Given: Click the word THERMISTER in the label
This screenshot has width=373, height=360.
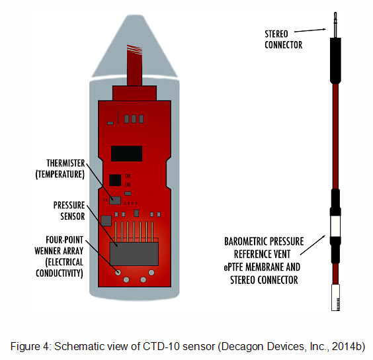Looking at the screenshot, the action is tap(65, 163).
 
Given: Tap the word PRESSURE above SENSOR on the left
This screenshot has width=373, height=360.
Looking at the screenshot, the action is tap(69, 205).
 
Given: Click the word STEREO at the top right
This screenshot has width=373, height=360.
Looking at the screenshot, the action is tap(276, 34).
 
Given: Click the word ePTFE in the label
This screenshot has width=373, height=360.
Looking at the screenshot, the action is tap(233, 267).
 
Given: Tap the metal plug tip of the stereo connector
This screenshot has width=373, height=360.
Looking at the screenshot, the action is tap(335, 24).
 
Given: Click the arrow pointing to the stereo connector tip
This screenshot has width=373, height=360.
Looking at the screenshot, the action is tap(310, 30).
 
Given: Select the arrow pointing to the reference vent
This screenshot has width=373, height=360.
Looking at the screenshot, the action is tap(313, 245).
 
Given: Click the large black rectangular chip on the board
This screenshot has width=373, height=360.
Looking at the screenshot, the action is tap(127, 154).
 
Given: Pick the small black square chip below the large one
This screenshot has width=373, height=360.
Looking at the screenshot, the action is tap(115, 180).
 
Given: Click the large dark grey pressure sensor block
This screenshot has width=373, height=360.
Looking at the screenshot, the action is tap(134, 254).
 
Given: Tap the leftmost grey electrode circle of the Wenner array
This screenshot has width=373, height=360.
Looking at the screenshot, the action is tap(118, 273).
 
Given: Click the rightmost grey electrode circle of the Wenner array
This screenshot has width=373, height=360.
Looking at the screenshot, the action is tap(151, 273).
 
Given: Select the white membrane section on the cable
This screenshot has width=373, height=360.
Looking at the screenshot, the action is tap(335, 226).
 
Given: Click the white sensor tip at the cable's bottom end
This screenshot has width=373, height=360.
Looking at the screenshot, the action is tap(335, 297).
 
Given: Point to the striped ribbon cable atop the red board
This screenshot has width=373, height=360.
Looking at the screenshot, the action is tap(135, 65).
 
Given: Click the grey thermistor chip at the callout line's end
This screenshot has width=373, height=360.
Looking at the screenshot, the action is tap(115, 201).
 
